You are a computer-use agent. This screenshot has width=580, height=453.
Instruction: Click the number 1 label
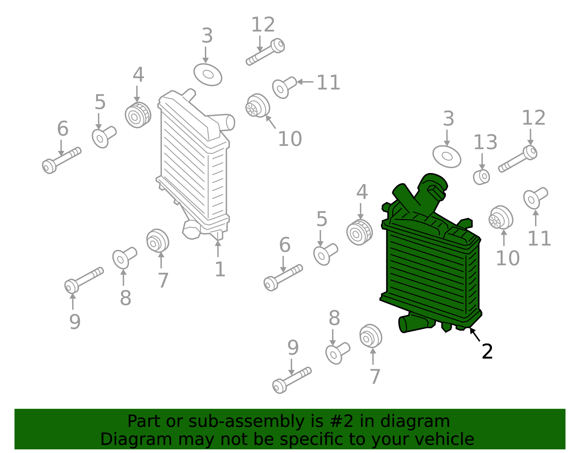(220, 269)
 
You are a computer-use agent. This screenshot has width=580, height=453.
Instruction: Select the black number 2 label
(487, 351)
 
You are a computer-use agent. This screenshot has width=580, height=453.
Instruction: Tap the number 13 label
(485, 142)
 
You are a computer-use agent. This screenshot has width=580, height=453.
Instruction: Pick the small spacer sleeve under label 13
(481, 177)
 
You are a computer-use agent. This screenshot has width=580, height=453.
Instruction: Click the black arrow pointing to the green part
(475, 335)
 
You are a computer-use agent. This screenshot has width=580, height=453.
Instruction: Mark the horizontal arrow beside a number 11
(305, 82)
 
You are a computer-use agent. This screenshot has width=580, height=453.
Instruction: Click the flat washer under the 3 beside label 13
(447, 157)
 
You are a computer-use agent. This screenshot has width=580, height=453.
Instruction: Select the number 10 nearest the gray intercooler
(290, 139)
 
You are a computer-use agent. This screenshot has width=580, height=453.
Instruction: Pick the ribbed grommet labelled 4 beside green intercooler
(359, 232)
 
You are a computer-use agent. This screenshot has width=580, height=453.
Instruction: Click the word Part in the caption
(145, 421)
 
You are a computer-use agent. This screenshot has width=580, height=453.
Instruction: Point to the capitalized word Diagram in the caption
(136, 439)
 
